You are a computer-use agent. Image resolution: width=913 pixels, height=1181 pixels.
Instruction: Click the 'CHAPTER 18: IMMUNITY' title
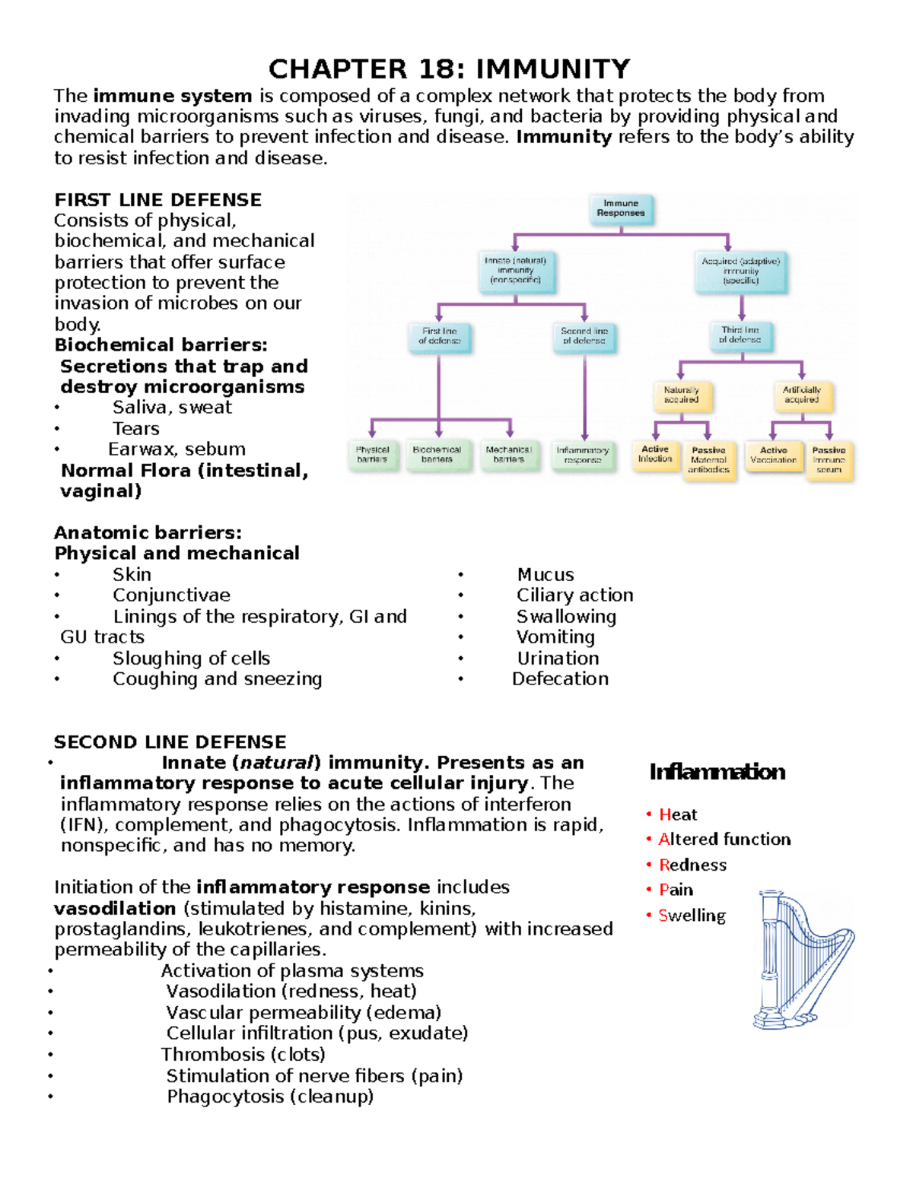[x=449, y=69]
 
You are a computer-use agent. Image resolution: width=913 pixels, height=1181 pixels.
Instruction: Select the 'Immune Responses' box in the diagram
[x=621, y=208]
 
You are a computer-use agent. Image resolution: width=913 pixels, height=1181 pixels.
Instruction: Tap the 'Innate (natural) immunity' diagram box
[x=516, y=271]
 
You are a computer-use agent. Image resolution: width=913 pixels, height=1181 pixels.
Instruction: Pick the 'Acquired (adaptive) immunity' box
[x=740, y=271]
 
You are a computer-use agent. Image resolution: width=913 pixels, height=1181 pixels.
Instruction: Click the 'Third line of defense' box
[x=740, y=335]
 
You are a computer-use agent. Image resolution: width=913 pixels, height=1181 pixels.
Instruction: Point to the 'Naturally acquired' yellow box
[x=681, y=395]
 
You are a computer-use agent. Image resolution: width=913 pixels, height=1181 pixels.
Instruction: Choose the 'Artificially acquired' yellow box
[x=801, y=395]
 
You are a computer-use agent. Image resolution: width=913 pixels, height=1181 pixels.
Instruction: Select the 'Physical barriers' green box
[x=372, y=455]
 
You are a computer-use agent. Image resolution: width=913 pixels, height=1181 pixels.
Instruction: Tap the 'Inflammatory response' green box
[x=583, y=456]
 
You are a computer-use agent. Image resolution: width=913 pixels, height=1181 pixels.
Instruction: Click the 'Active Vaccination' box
[x=773, y=456]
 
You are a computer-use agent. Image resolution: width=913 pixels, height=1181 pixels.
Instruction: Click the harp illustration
[x=803, y=960]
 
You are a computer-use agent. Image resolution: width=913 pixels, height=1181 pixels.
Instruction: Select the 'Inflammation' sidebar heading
[x=717, y=773]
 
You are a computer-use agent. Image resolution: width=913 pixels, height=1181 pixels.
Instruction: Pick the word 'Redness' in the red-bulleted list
[x=692, y=865]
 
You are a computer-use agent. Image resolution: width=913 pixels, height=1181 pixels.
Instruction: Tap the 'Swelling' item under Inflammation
[x=692, y=916]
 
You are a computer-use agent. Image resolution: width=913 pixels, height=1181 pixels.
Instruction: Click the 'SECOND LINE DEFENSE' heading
[x=170, y=742]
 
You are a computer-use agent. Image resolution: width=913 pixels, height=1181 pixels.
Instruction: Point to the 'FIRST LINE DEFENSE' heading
[x=157, y=200]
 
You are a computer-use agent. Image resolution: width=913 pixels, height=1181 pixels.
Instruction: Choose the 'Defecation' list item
[x=560, y=679]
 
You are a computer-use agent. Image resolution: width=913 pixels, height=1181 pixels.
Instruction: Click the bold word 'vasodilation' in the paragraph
[x=115, y=909]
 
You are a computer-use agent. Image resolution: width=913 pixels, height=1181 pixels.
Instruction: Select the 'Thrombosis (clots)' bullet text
[x=243, y=1055]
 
